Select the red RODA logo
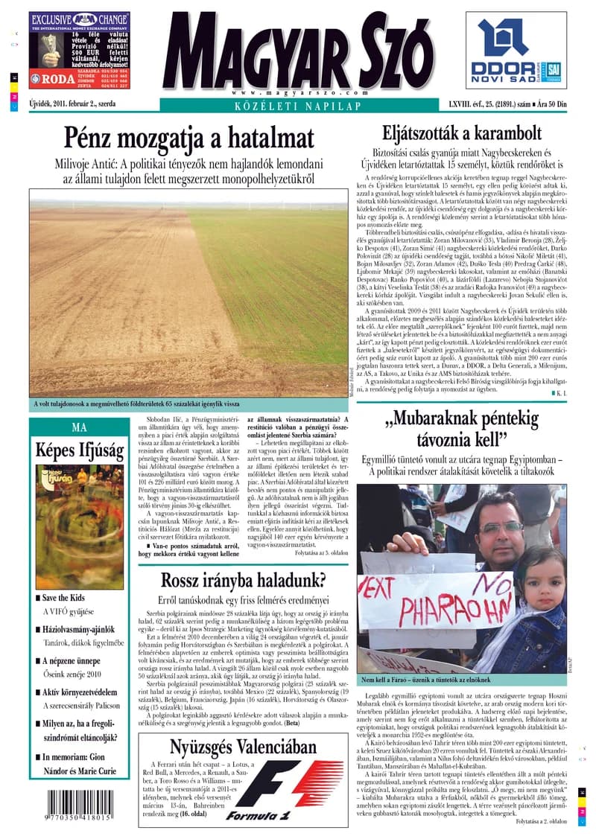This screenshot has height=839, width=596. point(48,76)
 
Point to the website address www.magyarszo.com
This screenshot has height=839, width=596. point(291,92)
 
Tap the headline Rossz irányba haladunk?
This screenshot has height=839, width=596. point(243,580)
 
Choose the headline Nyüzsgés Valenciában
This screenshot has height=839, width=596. point(243,747)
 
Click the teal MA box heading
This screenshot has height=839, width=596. point(79,427)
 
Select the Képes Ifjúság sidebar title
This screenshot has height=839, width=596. point(79,450)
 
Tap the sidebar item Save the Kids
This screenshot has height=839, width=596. point(63,598)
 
